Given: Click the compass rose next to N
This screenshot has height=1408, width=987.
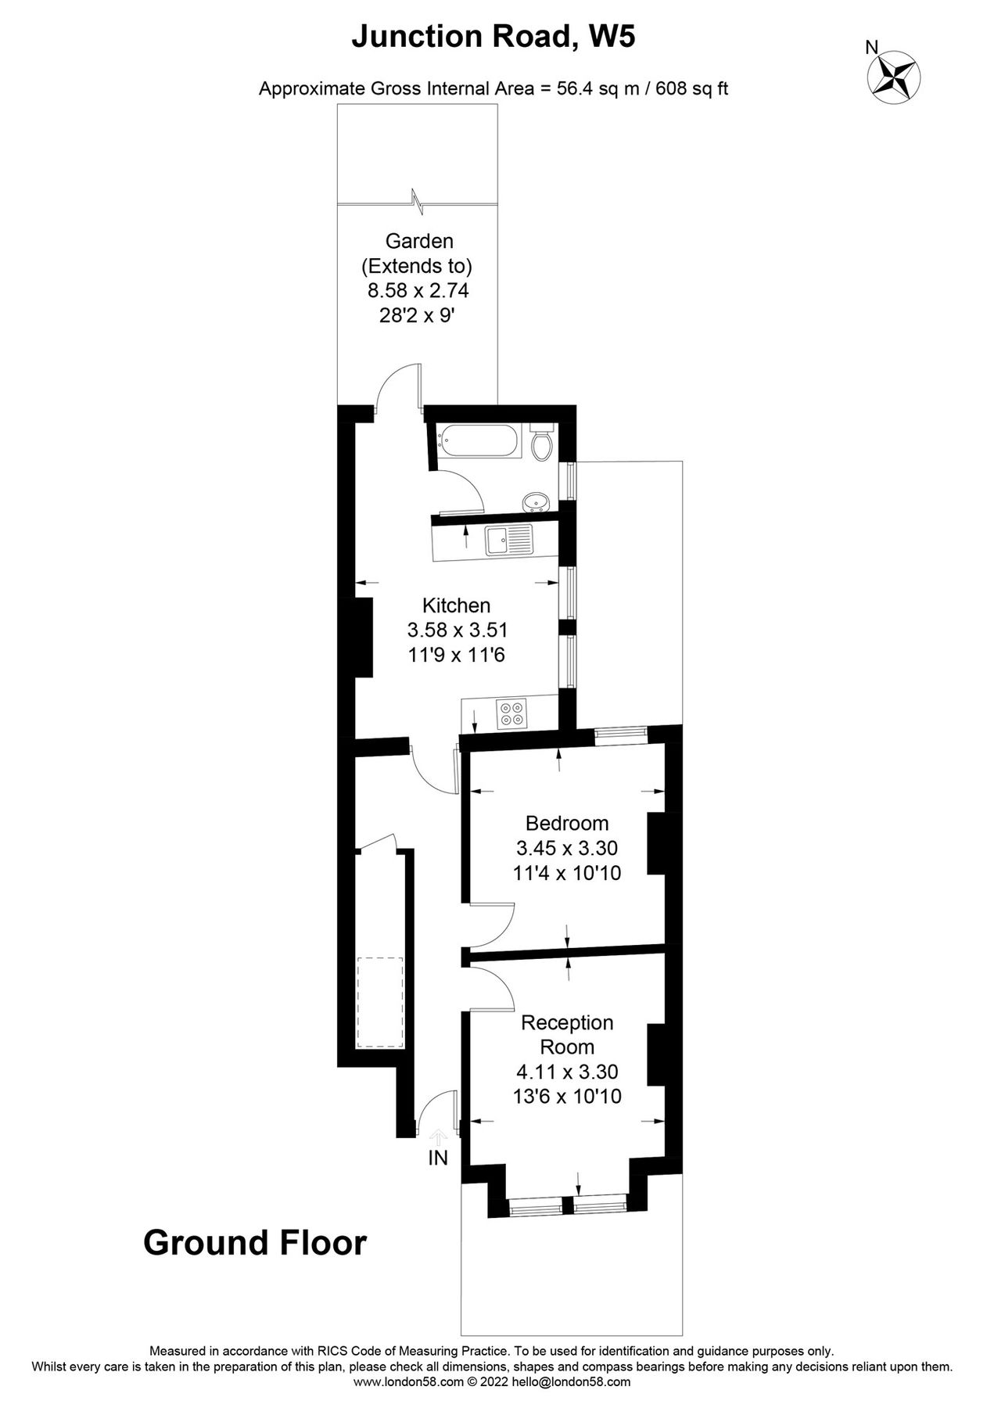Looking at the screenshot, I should coord(894,77).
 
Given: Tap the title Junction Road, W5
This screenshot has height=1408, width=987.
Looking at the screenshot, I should coord(493,36).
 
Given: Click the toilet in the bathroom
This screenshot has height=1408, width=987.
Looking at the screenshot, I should coord(542,444).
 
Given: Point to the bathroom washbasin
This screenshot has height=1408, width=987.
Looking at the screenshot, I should coord(537,501).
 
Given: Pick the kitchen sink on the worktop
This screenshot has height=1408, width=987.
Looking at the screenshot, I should coord(508,539).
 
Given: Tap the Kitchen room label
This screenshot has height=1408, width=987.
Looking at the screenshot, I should coord(456,605).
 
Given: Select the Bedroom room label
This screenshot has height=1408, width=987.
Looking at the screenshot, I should coord(566,823).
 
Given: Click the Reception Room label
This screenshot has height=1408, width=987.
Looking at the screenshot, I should coord(567,1034).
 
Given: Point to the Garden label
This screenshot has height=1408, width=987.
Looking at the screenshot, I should coord(419,241).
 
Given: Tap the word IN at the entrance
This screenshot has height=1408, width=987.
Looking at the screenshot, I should coord(438,1158).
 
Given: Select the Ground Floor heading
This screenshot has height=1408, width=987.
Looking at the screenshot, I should coord(255,1243).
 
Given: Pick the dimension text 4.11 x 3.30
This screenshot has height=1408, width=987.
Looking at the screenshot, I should coord(567,1071).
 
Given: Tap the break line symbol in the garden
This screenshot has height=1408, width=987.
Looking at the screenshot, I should coord(417,202).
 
